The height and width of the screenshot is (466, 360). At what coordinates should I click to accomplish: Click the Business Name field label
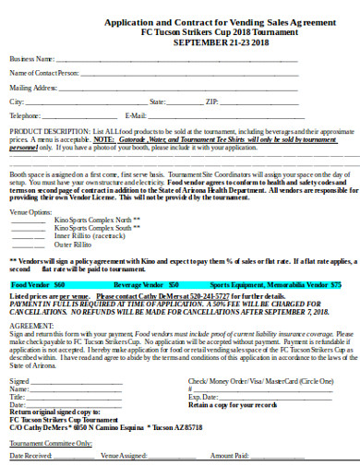pos(29,57)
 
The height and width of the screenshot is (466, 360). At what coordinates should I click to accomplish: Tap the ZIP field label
pos(211,101)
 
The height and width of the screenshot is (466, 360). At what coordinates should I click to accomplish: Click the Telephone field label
pos(25,115)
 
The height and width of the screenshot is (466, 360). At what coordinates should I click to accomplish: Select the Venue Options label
pos(30,212)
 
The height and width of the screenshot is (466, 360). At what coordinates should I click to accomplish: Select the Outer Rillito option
pos(75,245)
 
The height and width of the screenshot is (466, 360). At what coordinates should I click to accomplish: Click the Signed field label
pos(19,380)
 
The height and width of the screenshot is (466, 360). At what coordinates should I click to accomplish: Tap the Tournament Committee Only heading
pos(51,442)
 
